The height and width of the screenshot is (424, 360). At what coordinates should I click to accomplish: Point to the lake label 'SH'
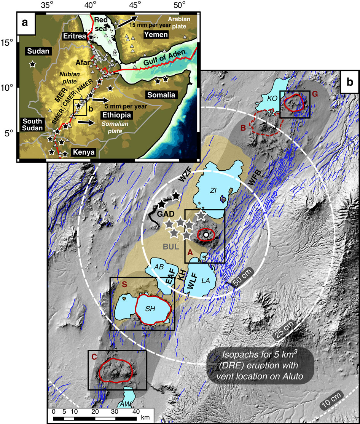[x=150, y=309]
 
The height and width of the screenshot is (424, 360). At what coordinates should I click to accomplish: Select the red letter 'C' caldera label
[x=93, y=357]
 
